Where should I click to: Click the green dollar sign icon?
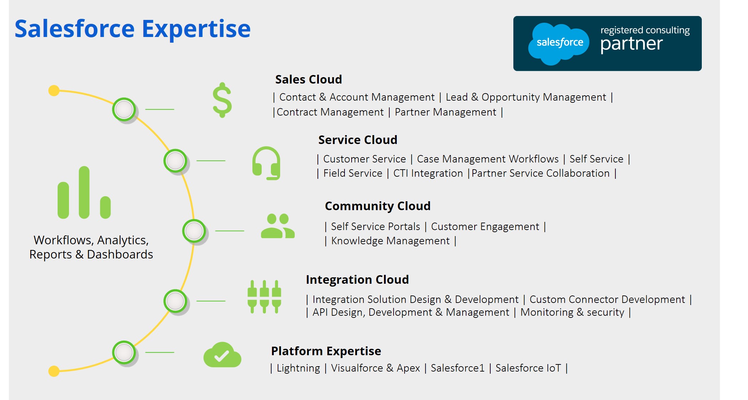tap(222, 100)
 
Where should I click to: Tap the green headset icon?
tap(266, 163)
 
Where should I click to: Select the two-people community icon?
tap(278, 226)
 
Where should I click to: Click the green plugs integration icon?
tap(264, 297)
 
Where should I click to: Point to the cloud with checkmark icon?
tap(222, 355)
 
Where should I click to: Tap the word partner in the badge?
tap(631, 44)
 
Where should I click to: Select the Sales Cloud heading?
tap(308, 79)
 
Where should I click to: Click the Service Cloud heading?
tap(358, 140)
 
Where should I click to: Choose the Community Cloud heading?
tap(378, 206)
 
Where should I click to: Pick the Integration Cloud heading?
tap(357, 279)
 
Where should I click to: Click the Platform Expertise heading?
tap(326, 351)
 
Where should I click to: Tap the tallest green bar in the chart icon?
tap(84, 192)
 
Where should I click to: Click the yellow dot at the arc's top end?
tap(54, 91)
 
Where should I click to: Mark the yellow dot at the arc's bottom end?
tap(54, 371)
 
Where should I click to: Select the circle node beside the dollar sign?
tap(124, 109)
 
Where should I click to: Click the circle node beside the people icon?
tap(194, 231)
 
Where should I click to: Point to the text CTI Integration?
tap(428, 173)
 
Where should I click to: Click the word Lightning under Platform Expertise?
tap(298, 368)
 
